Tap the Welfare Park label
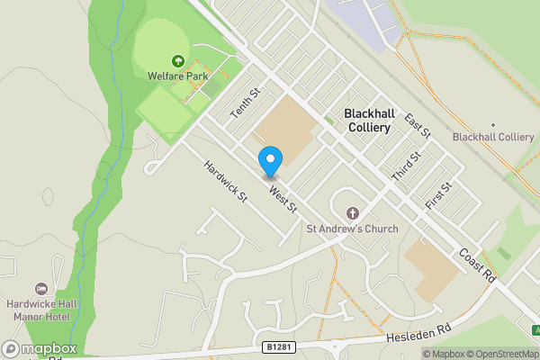pos(178,76)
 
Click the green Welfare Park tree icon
pos(178,61)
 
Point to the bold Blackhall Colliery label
pos(368,121)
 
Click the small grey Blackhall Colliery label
pos(493,137)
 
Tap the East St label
pos(418,126)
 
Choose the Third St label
pos(408,165)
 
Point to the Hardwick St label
pos(225,180)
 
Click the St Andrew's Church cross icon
pos(352,213)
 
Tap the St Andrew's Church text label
pos(352,229)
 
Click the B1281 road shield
pos(279,346)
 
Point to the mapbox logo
pos(40,348)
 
